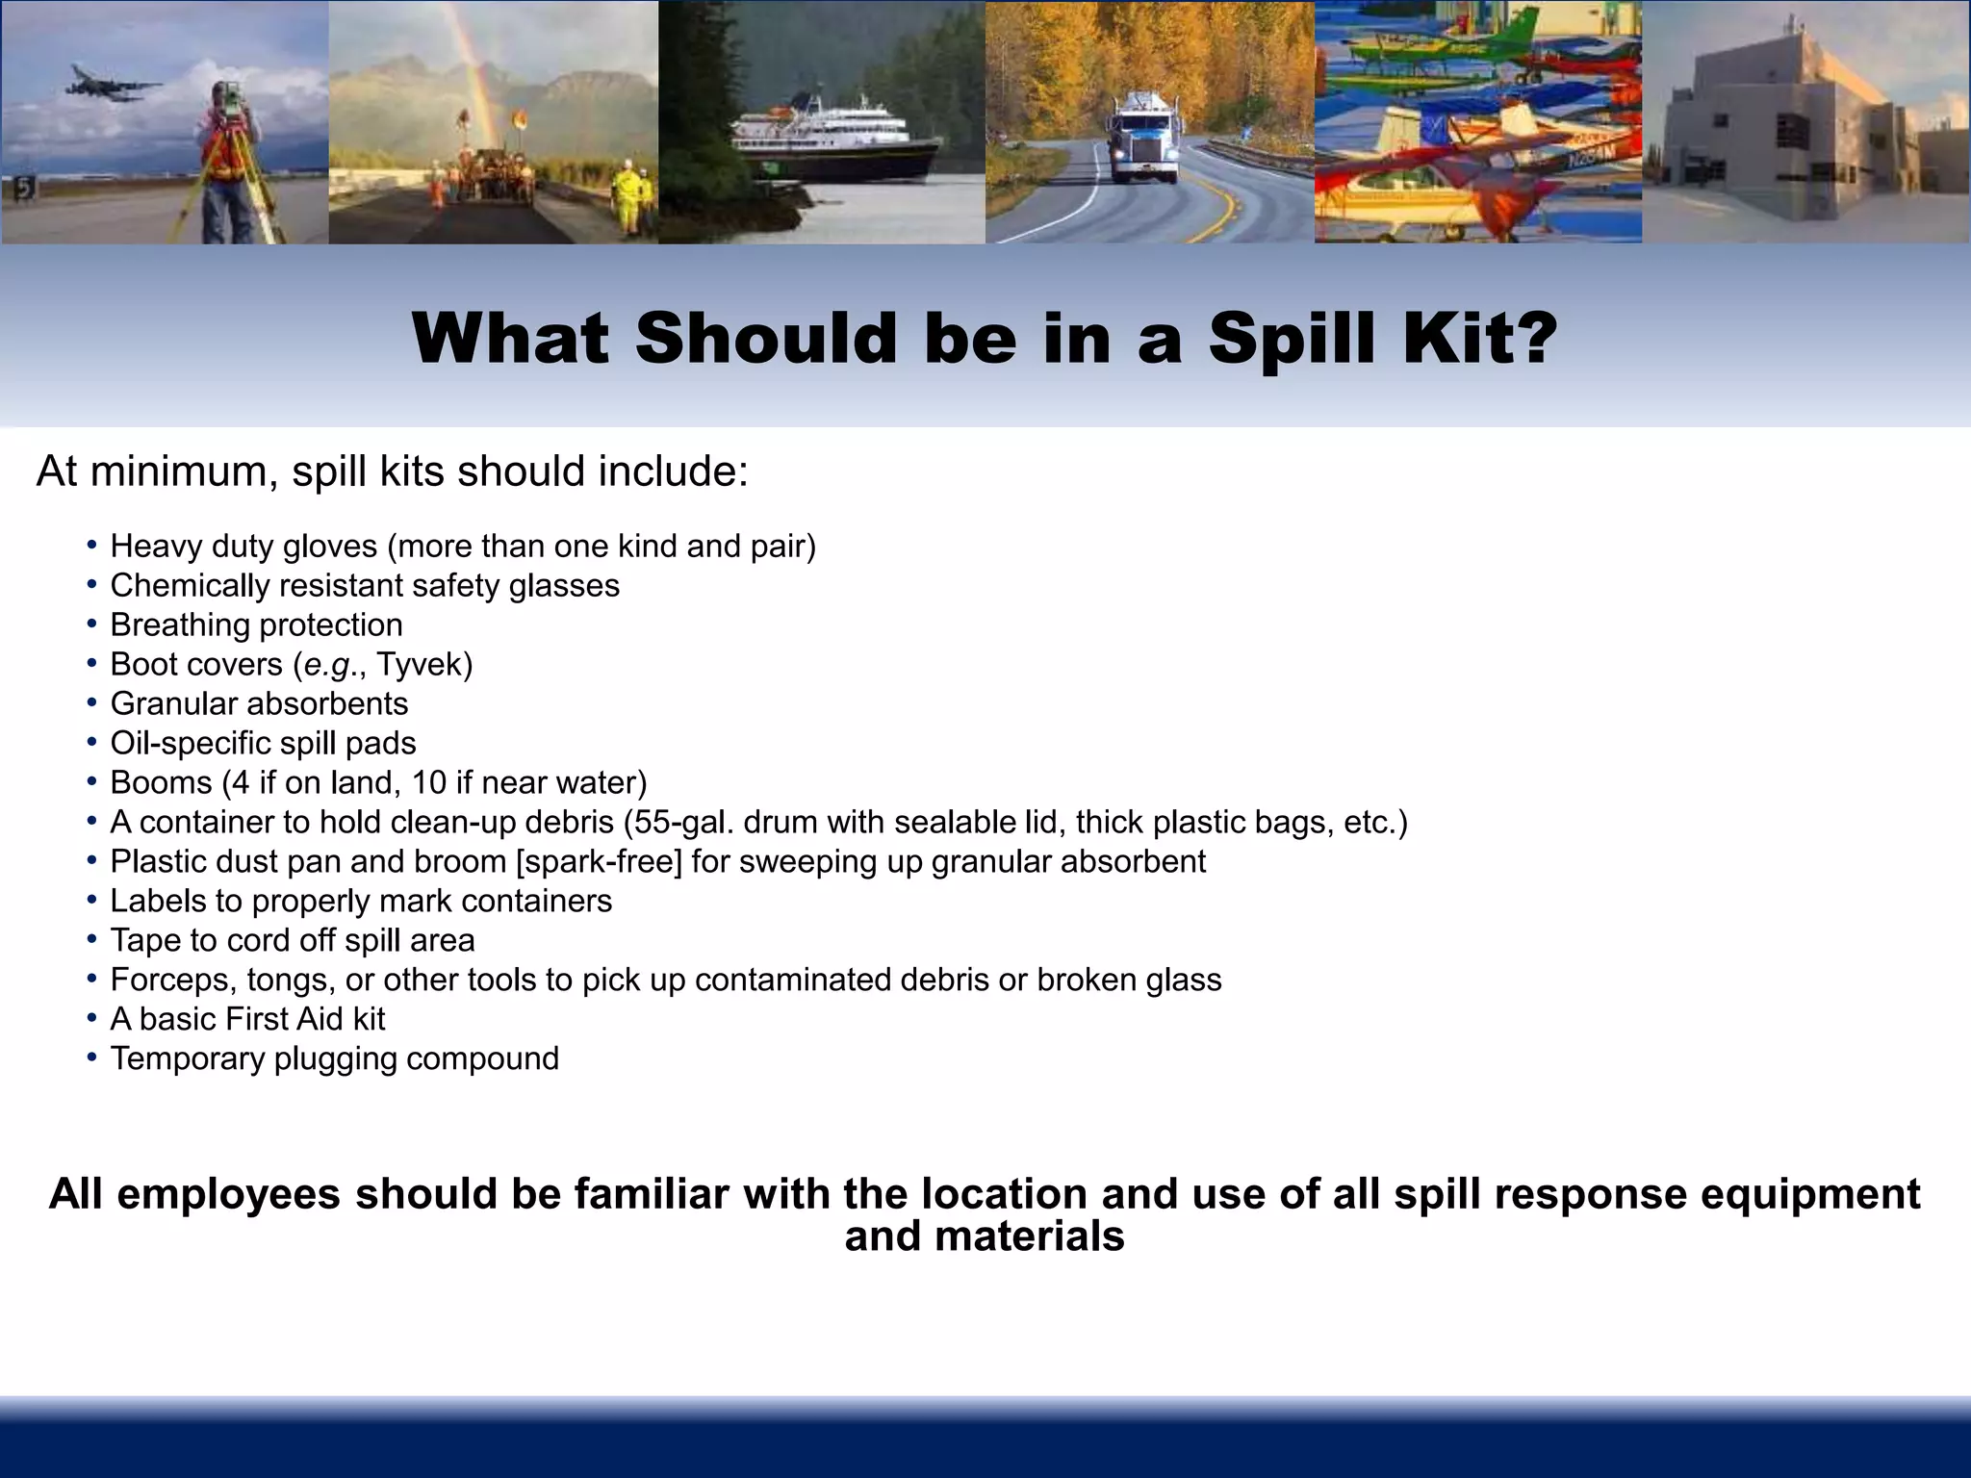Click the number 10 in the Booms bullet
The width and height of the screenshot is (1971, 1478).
tap(428, 783)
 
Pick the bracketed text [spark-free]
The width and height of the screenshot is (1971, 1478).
tap(599, 862)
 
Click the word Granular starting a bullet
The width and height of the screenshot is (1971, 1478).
tap(171, 704)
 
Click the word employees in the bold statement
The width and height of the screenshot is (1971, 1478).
tap(228, 1194)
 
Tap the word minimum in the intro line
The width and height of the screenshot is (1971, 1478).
tap(184, 471)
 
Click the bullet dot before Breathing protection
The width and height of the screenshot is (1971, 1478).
tap(91, 624)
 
